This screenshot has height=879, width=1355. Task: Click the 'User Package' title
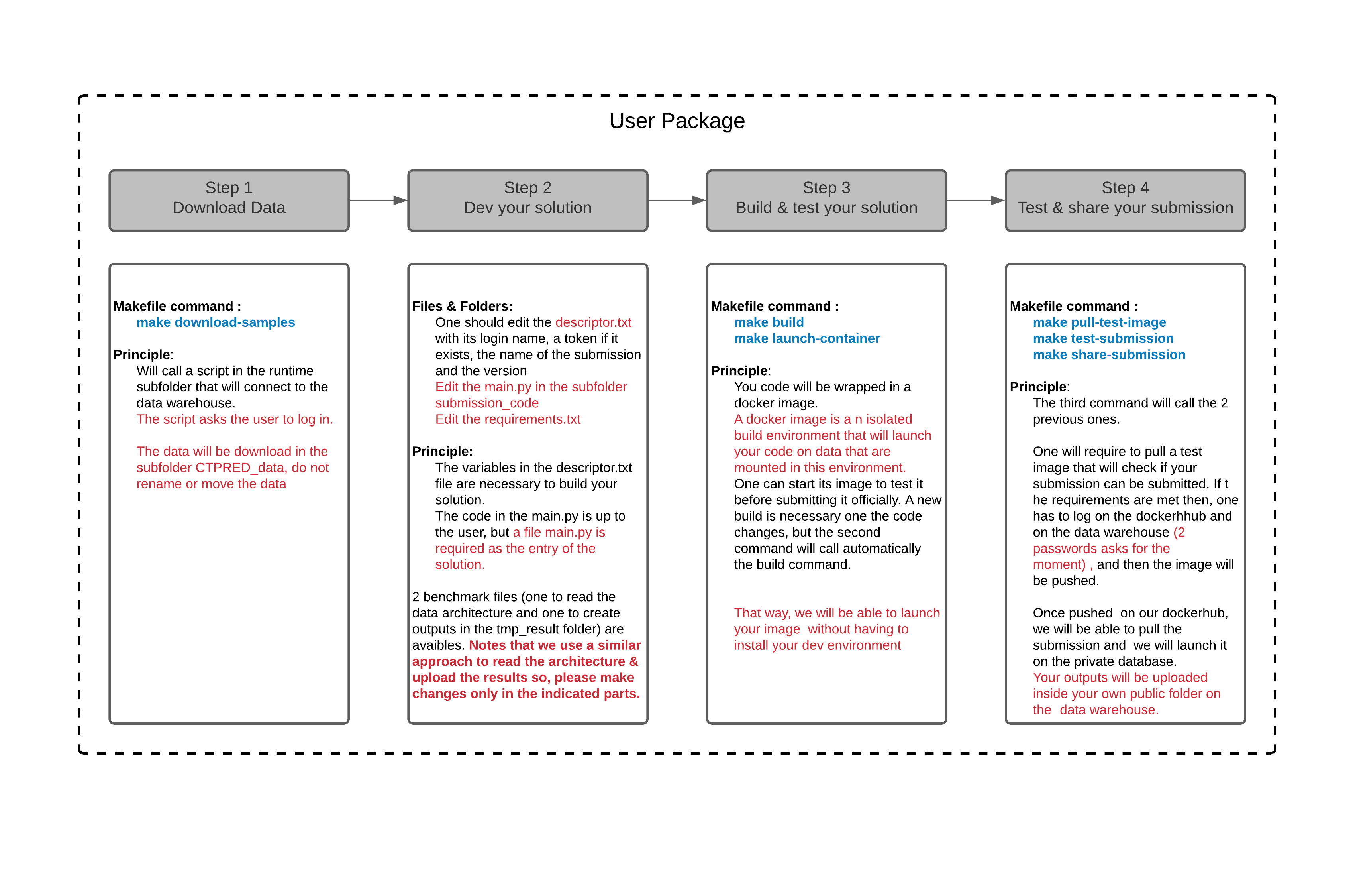[677, 121]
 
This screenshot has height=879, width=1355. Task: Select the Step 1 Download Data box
[229, 200]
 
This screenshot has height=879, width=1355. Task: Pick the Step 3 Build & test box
[826, 200]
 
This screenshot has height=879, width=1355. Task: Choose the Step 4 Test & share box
[1125, 200]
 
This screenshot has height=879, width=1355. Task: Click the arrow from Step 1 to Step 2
[378, 200]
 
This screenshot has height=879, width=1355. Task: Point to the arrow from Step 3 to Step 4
[975, 200]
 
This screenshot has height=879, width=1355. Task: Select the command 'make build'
[769, 322]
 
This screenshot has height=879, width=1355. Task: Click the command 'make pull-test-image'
[1099, 322]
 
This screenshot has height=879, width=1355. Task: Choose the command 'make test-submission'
[1103, 338]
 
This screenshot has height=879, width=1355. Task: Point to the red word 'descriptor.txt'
[593, 322]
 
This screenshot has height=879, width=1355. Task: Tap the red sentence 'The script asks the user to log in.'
[235, 419]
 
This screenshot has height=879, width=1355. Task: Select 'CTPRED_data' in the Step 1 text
[239, 468]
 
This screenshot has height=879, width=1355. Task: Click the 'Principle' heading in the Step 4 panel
[1037, 387]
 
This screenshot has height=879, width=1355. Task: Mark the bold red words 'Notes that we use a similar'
[555, 645]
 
